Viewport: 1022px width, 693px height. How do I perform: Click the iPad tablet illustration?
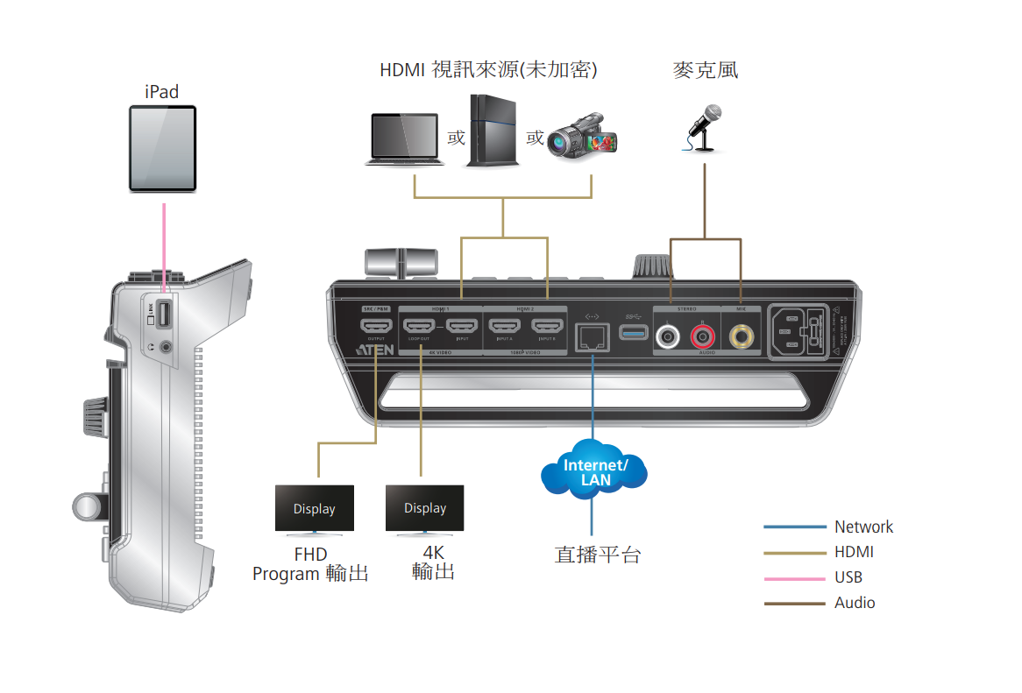163,148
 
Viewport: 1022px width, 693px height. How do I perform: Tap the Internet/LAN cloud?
594,473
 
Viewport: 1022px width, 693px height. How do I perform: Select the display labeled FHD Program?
315,509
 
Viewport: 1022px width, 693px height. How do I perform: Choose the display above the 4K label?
425,509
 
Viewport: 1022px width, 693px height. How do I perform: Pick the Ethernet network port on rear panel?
592,336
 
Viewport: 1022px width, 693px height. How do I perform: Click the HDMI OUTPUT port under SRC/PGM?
376,329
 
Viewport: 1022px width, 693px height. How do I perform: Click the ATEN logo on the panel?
374,350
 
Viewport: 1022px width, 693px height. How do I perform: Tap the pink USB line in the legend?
794,578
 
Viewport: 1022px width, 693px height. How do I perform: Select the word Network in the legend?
863,527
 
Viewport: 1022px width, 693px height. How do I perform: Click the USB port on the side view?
165,315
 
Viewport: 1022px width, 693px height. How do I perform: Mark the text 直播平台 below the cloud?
597,555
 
